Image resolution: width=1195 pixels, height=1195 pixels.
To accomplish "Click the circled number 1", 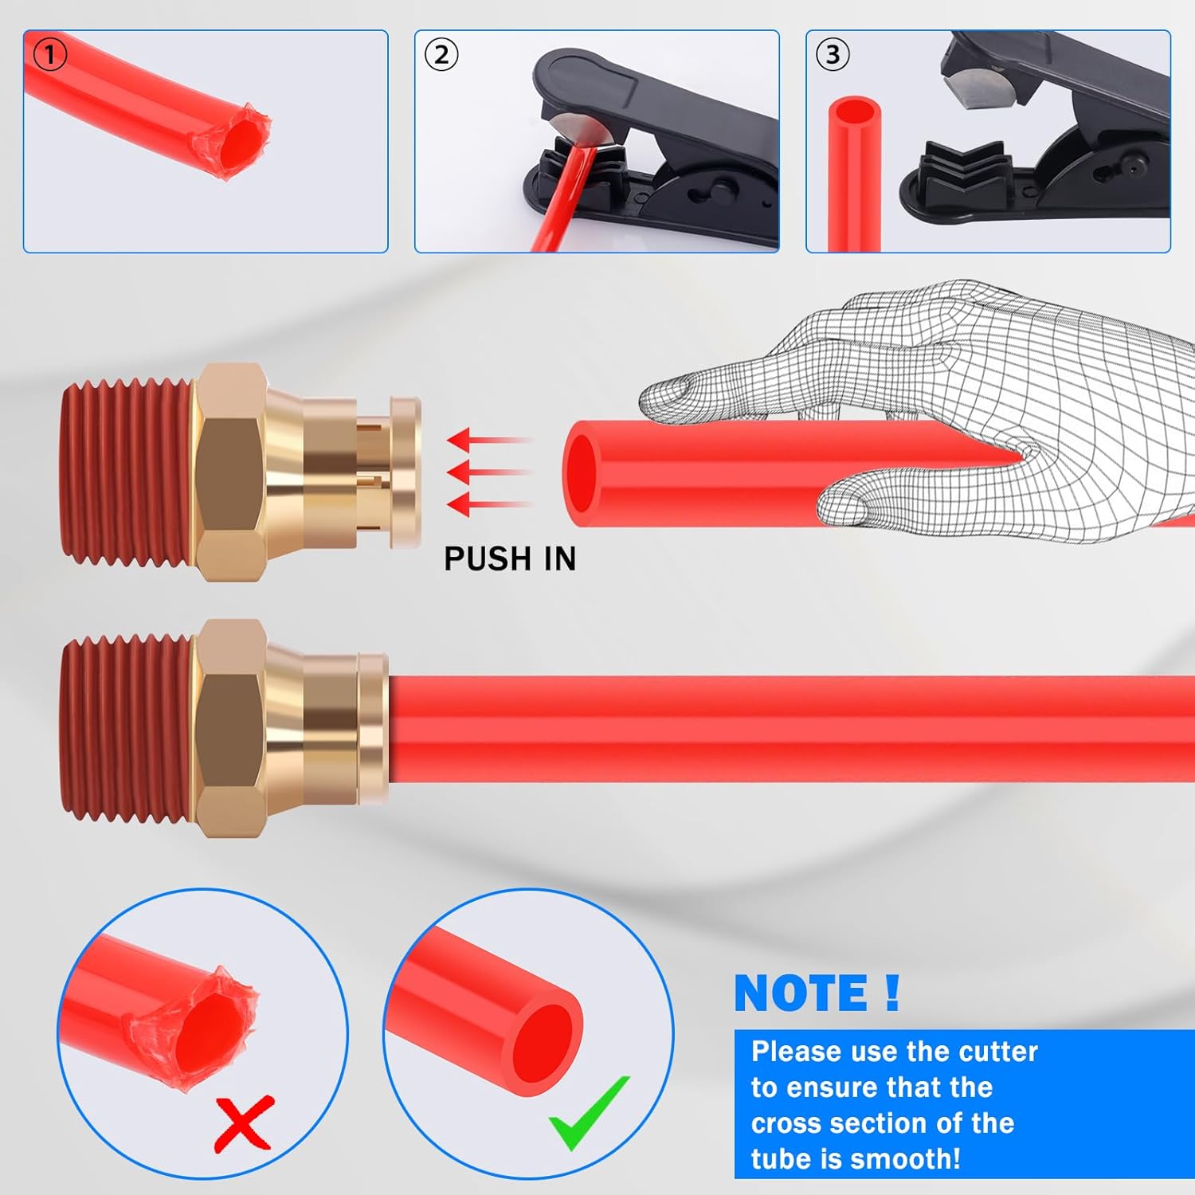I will [50, 55].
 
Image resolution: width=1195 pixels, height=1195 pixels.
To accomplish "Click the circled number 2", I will [441, 55].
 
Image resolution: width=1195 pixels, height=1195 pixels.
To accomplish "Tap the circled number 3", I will [833, 55].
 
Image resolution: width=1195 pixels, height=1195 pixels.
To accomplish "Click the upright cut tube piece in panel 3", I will [855, 175].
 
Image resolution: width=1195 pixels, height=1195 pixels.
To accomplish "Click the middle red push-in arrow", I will [486, 472].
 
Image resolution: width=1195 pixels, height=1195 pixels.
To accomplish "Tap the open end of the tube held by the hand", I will [582, 475].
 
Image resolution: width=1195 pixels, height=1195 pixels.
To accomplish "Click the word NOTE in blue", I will [801, 993].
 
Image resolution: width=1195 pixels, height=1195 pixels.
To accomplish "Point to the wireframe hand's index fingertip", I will [662, 395].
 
